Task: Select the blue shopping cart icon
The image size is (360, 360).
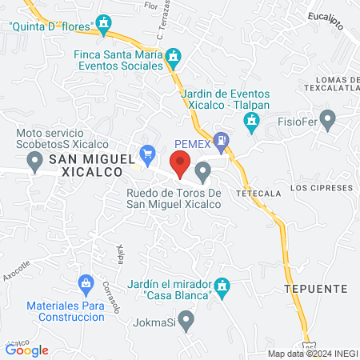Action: coord(147,152)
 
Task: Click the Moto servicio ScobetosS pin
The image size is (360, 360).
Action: coord(34,162)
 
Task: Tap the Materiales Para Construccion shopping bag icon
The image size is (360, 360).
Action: coord(85,283)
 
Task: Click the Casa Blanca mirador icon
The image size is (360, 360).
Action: coord(223,285)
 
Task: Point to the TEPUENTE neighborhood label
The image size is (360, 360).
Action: coord(315,287)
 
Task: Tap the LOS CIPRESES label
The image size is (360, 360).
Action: coord(322,188)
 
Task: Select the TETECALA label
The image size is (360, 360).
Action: coord(256,194)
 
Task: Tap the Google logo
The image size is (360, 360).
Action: coord(27,350)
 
